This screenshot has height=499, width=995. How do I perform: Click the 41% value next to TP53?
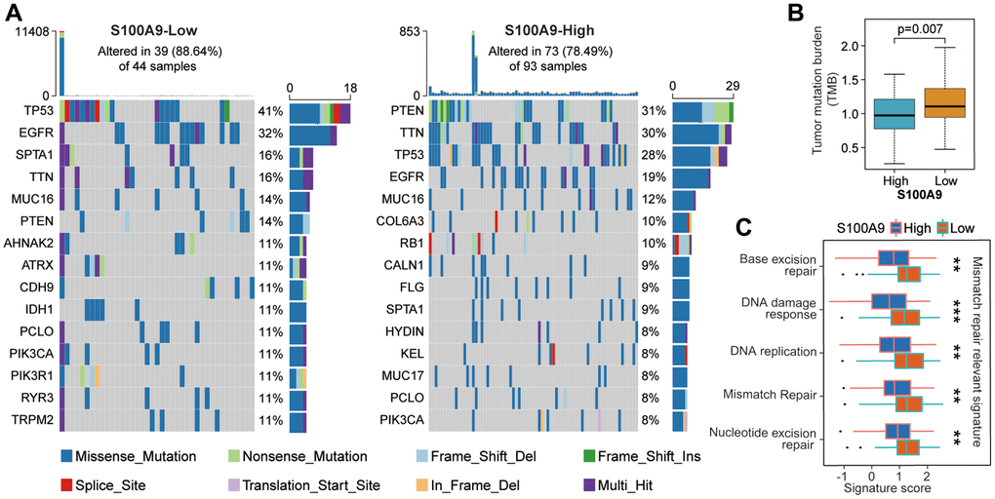coord(270,110)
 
